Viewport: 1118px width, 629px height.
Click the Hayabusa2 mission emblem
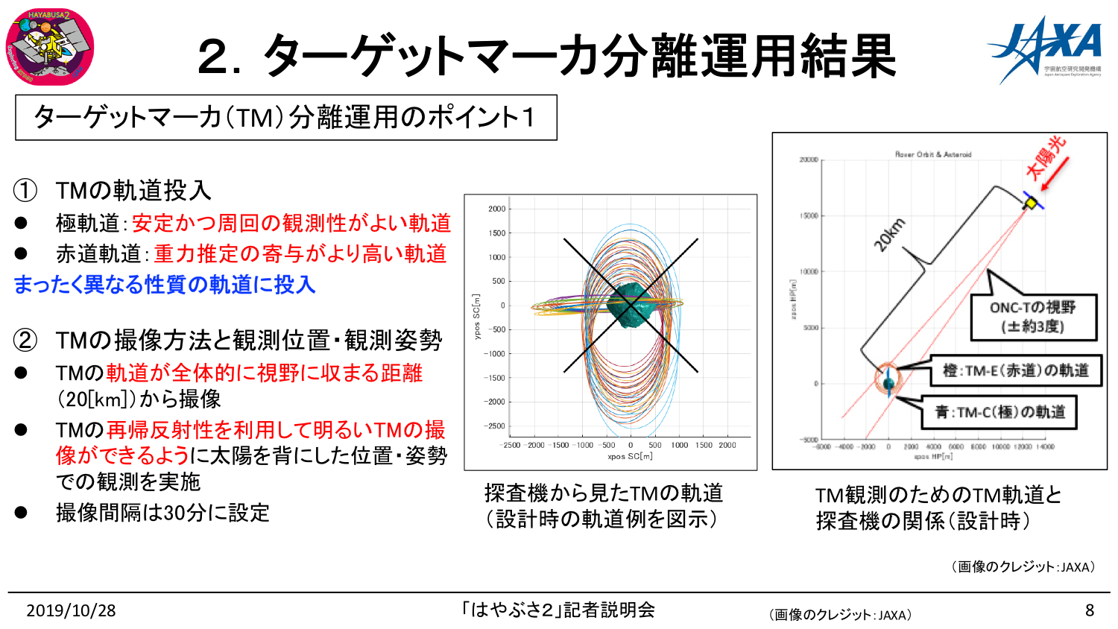pos(49,47)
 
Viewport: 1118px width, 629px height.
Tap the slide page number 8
pos(1089,610)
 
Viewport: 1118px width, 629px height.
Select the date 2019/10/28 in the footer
pos(71,610)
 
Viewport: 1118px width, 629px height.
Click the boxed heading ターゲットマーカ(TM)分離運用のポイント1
pos(285,117)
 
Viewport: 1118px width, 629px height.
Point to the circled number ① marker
pos(25,191)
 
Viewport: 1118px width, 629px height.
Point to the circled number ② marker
pos(25,341)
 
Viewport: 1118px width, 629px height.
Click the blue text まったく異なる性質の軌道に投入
pos(165,285)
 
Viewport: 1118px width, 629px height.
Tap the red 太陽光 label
pos(1045,158)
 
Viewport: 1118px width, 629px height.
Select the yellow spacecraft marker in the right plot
pos(1031,203)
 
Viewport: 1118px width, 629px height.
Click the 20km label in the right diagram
pos(890,236)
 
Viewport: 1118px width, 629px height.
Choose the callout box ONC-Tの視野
pos(1033,317)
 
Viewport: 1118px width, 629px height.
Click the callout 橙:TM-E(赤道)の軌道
pos(1015,370)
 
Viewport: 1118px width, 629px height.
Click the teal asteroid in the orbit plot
pos(630,305)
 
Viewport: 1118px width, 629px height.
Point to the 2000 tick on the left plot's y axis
pos(496,209)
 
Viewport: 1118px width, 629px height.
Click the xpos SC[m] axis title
pos(630,456)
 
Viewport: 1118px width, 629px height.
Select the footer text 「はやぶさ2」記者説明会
pos(558,610)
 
